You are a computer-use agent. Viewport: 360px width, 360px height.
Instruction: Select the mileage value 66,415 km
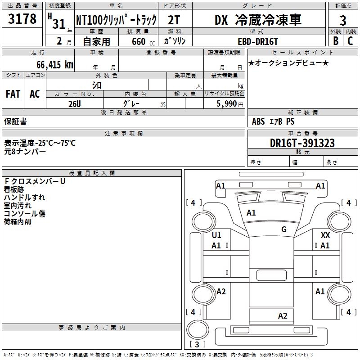coord(50,65)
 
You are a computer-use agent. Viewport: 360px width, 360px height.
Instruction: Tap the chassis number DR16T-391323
coord(302,143)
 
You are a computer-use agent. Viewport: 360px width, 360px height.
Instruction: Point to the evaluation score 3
coord(343,20)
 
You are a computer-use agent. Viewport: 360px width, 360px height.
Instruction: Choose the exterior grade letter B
coord(335,41)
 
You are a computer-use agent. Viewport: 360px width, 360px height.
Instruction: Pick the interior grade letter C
coord(350,41)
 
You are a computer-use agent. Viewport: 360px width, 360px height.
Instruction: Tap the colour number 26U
coord(74,103)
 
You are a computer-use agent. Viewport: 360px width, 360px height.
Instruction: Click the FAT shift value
coord(13,94)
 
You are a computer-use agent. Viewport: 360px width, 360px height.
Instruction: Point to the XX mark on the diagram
coord(325,235)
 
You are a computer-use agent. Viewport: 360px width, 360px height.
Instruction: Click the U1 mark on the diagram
coord(216,235)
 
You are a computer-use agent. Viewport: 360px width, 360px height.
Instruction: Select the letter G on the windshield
coord(283,229)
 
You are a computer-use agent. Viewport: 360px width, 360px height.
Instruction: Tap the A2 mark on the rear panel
coord(283,316)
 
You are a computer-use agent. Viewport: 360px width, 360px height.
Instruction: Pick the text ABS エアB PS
coord(273,121)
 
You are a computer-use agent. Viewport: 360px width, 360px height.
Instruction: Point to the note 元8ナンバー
coord(25,152)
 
